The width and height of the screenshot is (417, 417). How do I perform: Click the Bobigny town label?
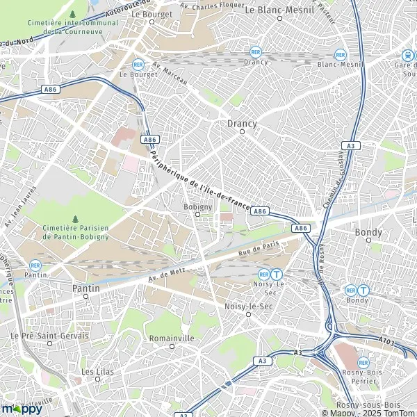(196, 206)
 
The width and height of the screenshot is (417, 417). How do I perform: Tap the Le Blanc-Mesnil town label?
(279, 11)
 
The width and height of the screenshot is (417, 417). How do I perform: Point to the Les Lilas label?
(97, 372)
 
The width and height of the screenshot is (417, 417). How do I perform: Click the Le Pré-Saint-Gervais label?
(49, 336)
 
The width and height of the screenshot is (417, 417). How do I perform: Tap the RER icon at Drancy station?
(256, 52)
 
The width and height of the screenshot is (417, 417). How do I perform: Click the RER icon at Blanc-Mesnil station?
(340, 54)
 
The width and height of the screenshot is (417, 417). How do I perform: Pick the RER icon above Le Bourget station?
(138, 63)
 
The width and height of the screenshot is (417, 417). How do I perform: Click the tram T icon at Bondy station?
(363, 290)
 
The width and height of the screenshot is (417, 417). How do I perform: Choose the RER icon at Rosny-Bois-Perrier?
(363, 362)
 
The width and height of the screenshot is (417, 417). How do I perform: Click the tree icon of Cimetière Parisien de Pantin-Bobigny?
(75, 220)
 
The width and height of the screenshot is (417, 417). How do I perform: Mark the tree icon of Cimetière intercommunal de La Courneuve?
(73, 14)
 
